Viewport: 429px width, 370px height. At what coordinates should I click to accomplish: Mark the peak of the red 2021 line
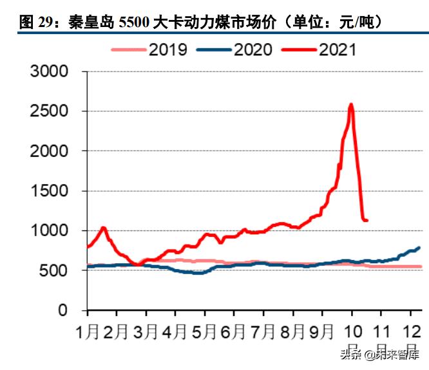tap(351, 104)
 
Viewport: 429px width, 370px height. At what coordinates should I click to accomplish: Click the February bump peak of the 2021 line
tap(103, 228)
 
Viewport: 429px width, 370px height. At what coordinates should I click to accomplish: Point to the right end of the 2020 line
tap(419, 248)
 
